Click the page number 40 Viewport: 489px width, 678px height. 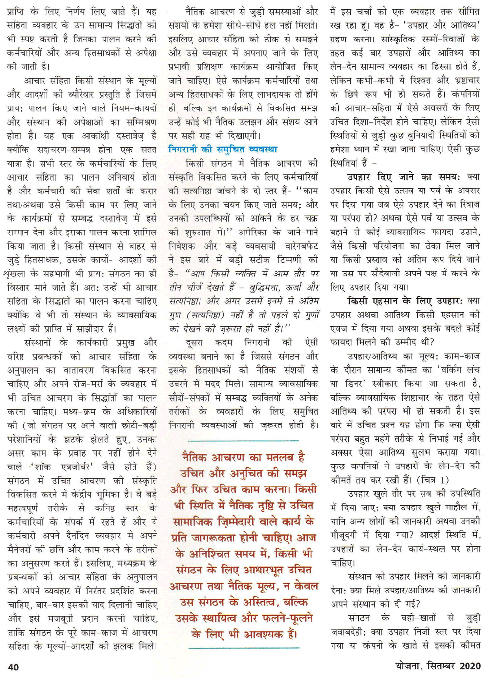13,666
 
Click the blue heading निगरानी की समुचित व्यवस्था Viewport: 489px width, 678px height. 222,149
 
